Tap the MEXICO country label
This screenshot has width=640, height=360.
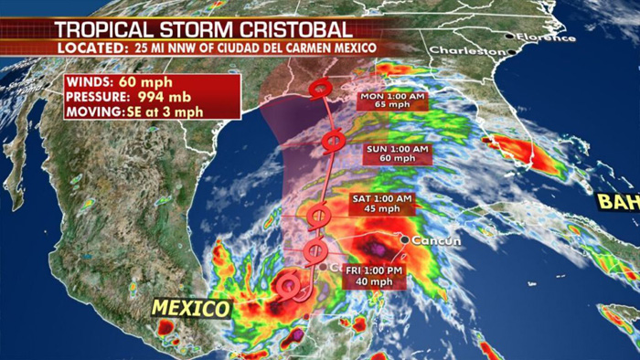[x=190, y=309]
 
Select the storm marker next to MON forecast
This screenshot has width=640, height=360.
[x=320, y=89]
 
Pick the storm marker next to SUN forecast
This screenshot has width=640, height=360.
[x=333, y=142]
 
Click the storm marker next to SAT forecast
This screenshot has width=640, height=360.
[x=318, y=217]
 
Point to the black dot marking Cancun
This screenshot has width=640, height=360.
[x=404, y=239]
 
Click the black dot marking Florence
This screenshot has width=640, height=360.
[x=509, y=36]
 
